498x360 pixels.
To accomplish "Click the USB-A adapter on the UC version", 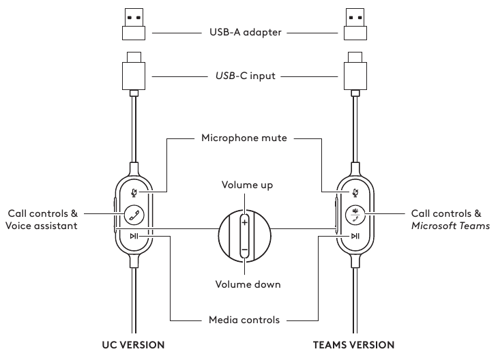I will tap(134, 25).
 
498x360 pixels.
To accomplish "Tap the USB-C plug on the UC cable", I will tap(134, 70).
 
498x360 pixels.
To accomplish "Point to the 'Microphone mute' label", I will tap(244, 138).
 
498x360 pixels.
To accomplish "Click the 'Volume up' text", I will tap(244, 185).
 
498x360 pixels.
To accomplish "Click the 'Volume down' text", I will tap(244, 284).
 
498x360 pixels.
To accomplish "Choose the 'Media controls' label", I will tap(244, 319).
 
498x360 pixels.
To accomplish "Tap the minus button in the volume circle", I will tap(244, 250).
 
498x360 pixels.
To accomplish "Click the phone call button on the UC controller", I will tap(134, 214).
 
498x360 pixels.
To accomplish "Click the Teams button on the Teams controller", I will tap(355, 214).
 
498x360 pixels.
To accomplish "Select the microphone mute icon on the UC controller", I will tap(134, 193).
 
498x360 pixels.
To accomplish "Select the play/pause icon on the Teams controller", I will tap(355, 236).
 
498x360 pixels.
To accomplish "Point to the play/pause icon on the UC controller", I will tap(134, 236).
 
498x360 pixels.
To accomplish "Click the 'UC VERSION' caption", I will tap(134, 345).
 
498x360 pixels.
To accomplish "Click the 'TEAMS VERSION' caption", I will tap(353, 345).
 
